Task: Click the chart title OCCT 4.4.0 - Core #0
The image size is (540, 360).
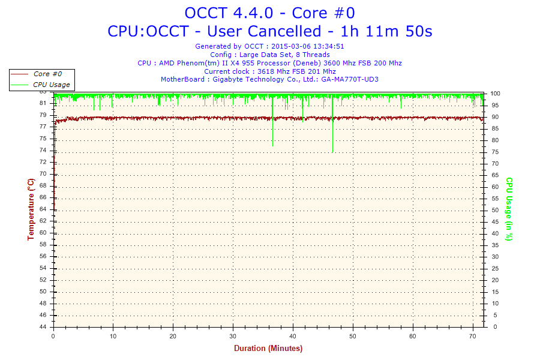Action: pos(269,13)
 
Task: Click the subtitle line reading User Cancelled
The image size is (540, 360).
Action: pos(269,31)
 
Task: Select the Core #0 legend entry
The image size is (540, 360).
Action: pos(47,74)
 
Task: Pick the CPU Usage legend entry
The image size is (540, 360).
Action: pos(51,85)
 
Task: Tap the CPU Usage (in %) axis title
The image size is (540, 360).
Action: pos(509,209)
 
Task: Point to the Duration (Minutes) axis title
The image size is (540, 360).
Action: pos(268,348)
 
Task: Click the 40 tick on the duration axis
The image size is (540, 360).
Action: pos(293,337)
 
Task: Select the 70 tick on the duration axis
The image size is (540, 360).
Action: pos(472,337)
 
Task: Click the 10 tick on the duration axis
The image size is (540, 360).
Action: pos(113,337)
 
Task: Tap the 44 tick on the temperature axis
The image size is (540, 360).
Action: pos(43,327)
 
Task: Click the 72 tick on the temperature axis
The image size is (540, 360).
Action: pos(43,162)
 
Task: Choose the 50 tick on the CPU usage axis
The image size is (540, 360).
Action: pos(495,210)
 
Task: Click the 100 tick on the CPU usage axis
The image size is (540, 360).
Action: pos(496,94)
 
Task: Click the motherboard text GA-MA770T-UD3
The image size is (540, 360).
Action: pos(350,79)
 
